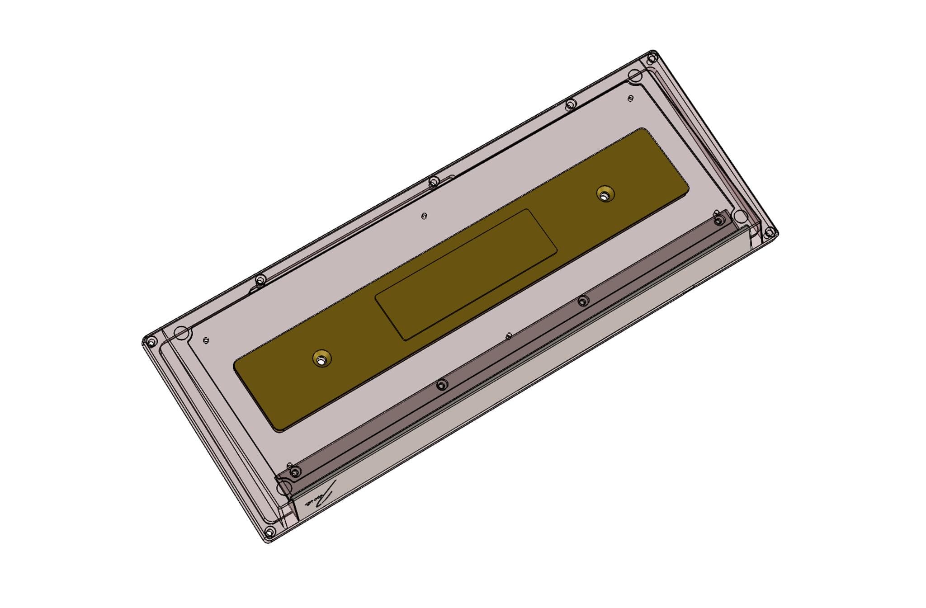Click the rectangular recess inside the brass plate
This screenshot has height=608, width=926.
point(466,274)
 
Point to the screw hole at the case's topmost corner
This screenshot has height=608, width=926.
point(652,58)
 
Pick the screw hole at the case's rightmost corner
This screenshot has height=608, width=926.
point(768,233)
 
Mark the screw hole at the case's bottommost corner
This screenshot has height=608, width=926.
point(269,531)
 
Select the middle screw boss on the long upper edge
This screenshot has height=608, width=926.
point(433,182)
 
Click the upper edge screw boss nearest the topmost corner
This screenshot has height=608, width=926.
point(571,104)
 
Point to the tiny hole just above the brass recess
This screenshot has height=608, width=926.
point(423,216)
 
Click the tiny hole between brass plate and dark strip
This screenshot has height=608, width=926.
point(509,336)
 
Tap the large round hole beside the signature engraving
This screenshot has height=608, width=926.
point(284,487)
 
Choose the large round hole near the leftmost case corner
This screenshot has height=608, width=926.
point(181,333)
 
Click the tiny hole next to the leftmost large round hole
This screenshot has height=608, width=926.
point(206,340)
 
